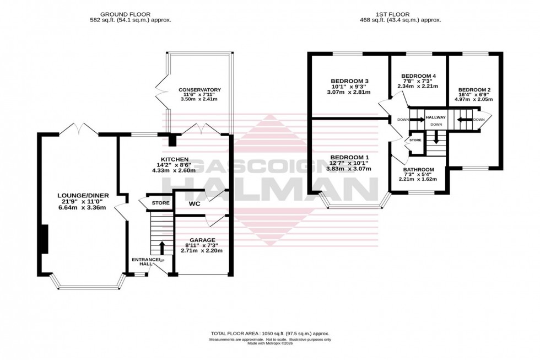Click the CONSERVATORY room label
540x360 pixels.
199,89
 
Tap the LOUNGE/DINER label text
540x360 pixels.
83,195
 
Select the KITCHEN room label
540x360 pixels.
170,159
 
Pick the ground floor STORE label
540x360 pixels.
160,203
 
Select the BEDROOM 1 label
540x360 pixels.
349,158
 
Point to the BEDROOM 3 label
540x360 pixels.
349,81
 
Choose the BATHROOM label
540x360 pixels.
418,169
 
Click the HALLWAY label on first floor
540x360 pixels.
435,117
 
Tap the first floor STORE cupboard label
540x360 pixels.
415,141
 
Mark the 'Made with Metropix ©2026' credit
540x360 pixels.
269,344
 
